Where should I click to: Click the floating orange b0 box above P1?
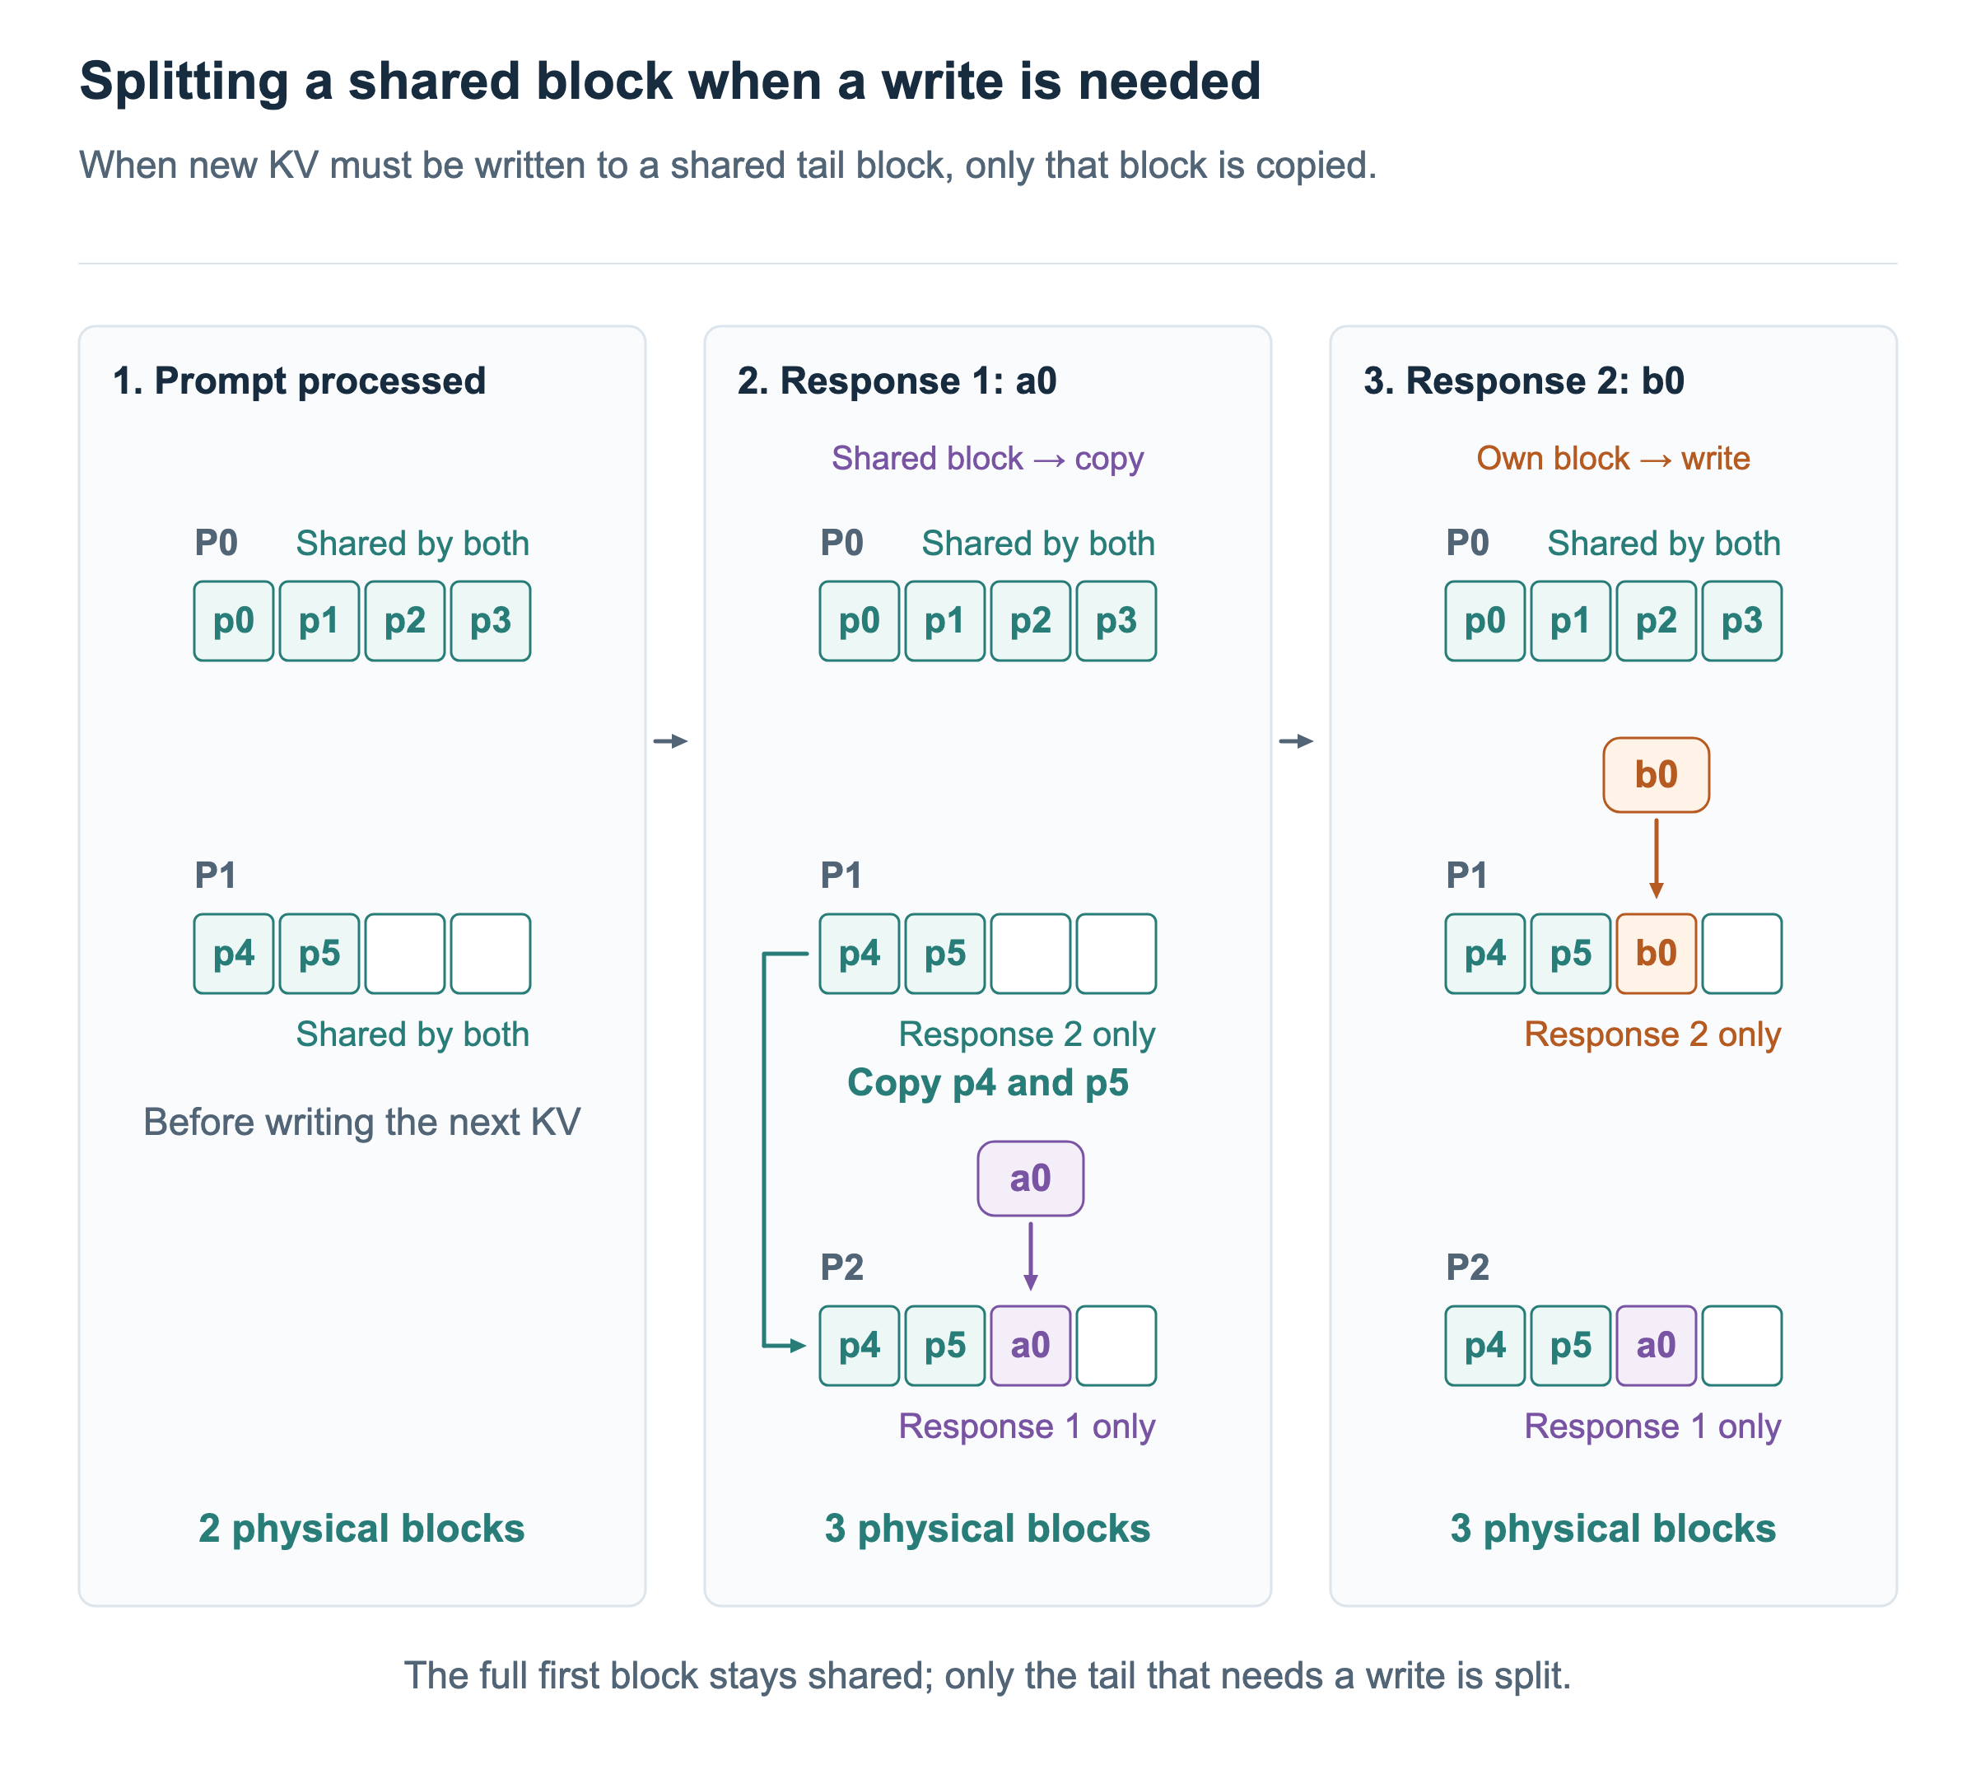click(x=1656, y=774)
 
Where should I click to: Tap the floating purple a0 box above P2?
click(x=1030, y=1178)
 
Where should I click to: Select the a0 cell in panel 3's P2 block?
click(x=1656, y=1345)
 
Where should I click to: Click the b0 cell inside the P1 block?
click(x=1656, y=953)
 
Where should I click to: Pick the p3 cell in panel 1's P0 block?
click(x=491, y=621)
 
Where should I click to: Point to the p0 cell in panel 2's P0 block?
click(x=859, y=621)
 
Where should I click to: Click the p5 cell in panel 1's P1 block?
click(x=319, y=953)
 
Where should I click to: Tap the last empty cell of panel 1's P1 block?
click(x=491, y=953)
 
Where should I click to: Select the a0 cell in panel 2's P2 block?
click(x=1030, y=1345)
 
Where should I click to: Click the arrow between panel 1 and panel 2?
click(x=670, y=741)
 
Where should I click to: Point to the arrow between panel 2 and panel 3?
click(x=1296, y=741)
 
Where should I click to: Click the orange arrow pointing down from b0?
click(x=1656, y=858)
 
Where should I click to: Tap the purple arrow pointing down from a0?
click(x=1030, y=1256)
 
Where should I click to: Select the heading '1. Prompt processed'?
click(x=299, y=381)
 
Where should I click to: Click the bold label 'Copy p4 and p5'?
click(x=987, y=1082)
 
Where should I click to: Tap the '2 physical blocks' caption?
click(x=361, y=1528)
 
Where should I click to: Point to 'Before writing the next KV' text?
click(x=361, y=1121)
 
